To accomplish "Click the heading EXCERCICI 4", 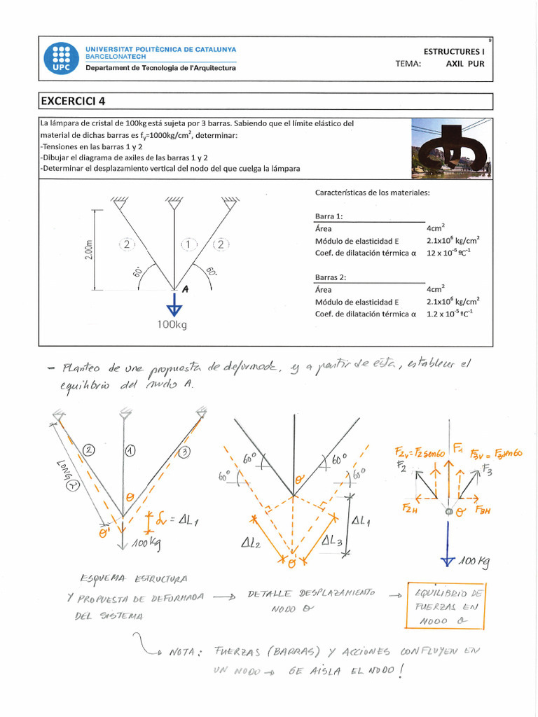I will click(x=72, y=101).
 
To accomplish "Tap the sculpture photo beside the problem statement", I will click(x=451, y=147).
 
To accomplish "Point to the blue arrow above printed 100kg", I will click(x=174, y=307).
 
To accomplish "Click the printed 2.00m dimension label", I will click(x=89, y=249).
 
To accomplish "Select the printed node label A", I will click(x=186, y=288).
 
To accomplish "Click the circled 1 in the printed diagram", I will click(x=187, y=244).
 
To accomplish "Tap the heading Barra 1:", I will click(x=329, y=216).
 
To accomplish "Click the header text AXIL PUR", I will click(x=464, y=64).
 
